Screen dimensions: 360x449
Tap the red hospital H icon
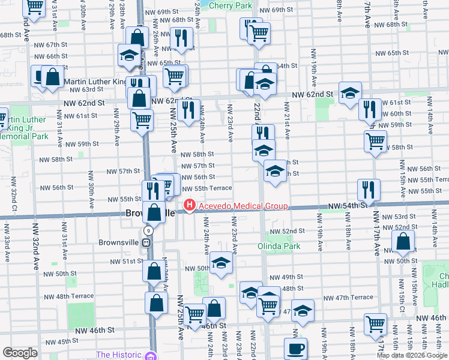point(190,206)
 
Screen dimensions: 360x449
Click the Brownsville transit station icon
point(145,242)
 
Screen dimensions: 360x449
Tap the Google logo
point(20,353)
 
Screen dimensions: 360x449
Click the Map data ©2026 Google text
point(412,355)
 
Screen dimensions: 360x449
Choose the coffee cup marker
point(295,348)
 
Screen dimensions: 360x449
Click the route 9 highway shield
point(148,230)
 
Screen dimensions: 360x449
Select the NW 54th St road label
point(347,206)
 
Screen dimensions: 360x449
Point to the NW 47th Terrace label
point(348,298)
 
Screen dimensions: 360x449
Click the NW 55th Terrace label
point(208,188)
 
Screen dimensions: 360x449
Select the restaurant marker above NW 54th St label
point(369,190)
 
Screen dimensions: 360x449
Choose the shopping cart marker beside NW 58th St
point(375,142)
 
